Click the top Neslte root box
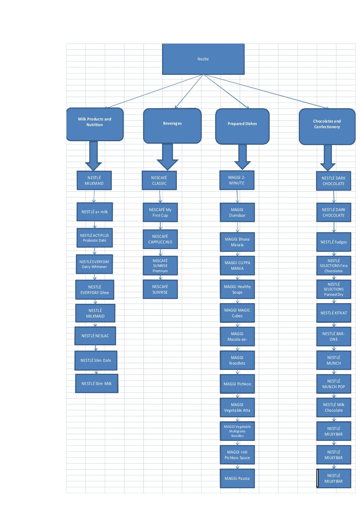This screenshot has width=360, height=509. coord(203,59)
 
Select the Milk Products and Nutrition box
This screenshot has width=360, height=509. coord(95,124)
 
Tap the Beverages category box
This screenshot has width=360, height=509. coord(172,126)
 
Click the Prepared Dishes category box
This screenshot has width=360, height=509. coord(242,126)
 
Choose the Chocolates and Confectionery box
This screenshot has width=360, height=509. coord(327,126)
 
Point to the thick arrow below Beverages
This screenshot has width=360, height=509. coord(167,156)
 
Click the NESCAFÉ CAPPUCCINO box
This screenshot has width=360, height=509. coord(160,239)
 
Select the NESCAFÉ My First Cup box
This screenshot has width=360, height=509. coord(160,213)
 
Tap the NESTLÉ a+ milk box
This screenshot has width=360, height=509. coord(95,212)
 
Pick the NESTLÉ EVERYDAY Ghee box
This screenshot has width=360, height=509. coord(95,290)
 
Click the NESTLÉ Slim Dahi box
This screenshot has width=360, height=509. coord(96,360)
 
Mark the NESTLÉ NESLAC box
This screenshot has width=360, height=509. coord(95,336)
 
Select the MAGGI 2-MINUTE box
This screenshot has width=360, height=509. coord(237,180)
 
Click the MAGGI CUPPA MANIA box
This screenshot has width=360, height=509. coord(237,266)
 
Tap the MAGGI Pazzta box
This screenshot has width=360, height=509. coord(237,478)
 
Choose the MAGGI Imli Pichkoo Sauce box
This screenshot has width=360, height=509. coord(237,455)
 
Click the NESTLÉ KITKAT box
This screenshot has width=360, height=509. coord(334,313)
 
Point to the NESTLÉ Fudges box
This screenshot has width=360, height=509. coord(334,242)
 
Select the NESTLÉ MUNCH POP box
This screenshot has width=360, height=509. coord(334,384)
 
